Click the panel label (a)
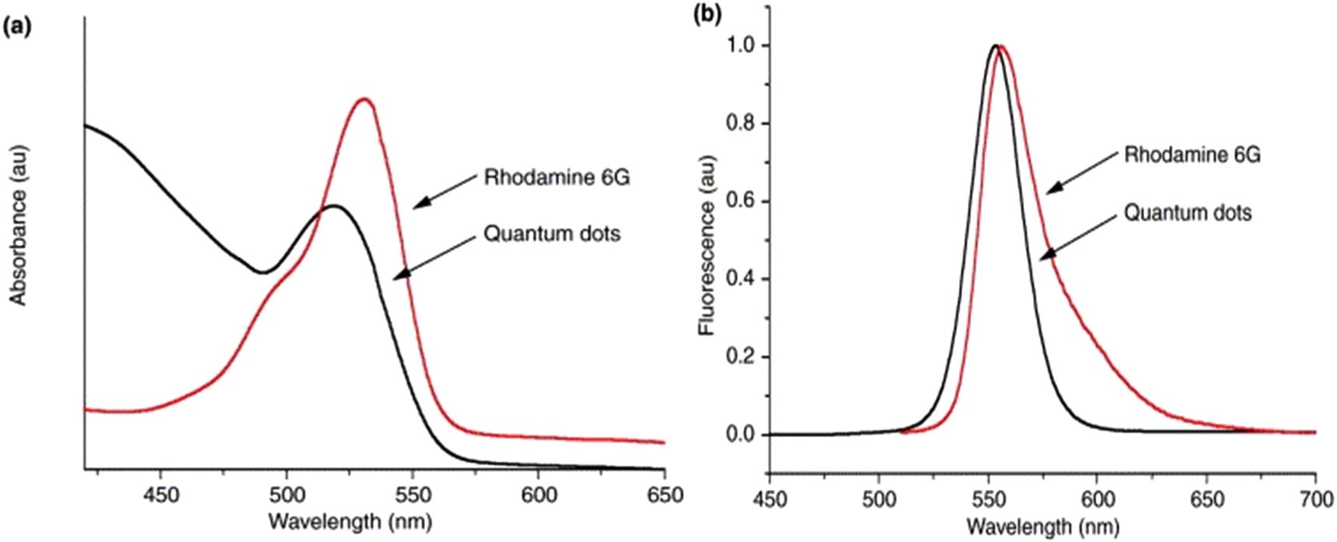coord(17,26)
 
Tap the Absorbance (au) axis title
coord(18,225)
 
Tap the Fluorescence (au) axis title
coord(707,245)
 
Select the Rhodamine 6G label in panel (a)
coord(557,177)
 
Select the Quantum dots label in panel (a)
coord(552,233)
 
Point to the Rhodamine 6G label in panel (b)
coord(1192,155)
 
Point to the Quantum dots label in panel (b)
coord(1188,212)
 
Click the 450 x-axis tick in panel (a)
coord(161,495)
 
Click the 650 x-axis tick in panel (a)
coord(665,495)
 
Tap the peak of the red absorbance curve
coord(364,99)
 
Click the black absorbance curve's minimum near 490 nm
coord(263,272)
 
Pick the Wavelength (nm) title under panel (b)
coord(1043,526)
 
